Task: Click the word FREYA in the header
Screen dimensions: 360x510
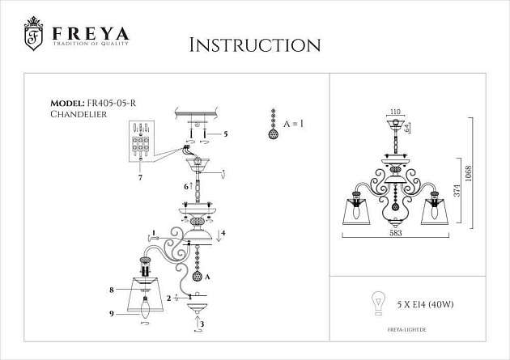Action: pos(91,35)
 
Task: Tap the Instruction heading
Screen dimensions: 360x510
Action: pos(253,44)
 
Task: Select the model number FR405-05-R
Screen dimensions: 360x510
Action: pos(113,104)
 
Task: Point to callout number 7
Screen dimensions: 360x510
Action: pos(140,176)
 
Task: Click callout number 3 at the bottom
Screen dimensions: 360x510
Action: pos(203,324)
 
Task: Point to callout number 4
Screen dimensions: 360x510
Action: pos(223,234)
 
